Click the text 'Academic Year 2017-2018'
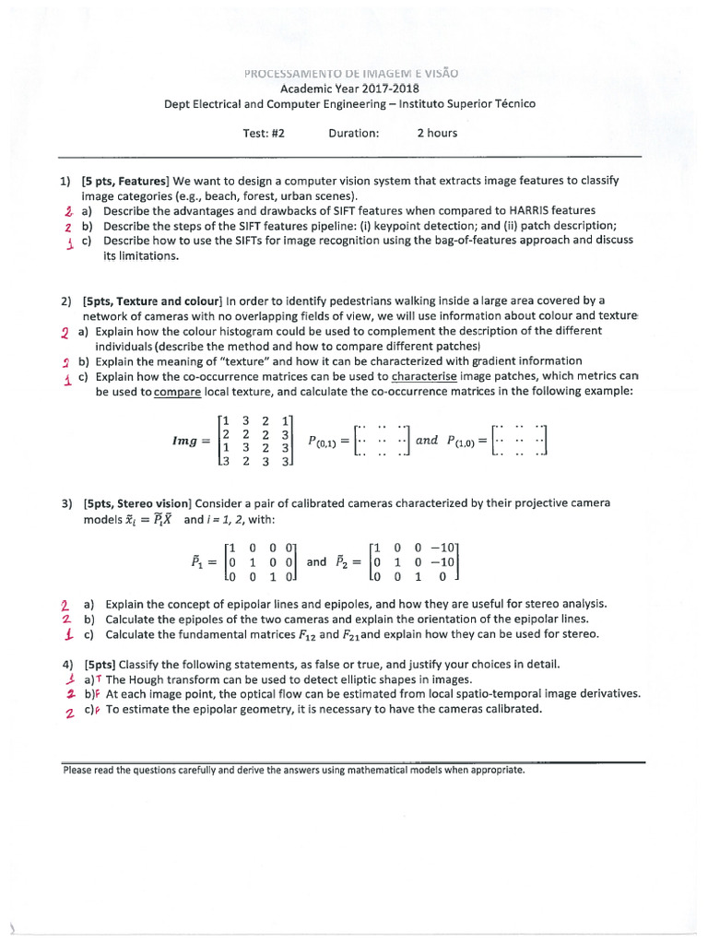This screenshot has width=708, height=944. [344, 88]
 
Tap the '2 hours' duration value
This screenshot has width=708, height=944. [436, 133]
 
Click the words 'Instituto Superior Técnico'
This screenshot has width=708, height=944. [468, 104]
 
